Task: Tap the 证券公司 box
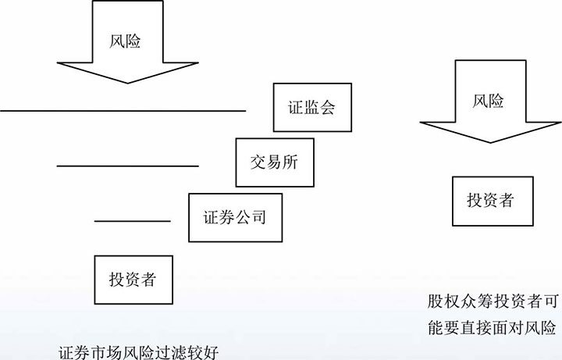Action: click(234, 216)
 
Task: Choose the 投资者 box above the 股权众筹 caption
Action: click(489, 200)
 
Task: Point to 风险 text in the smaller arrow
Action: click(489, 101)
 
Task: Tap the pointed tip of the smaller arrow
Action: click(490, 142)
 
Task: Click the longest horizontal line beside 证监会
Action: click(123, 111)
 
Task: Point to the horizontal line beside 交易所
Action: click(127, 166)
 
